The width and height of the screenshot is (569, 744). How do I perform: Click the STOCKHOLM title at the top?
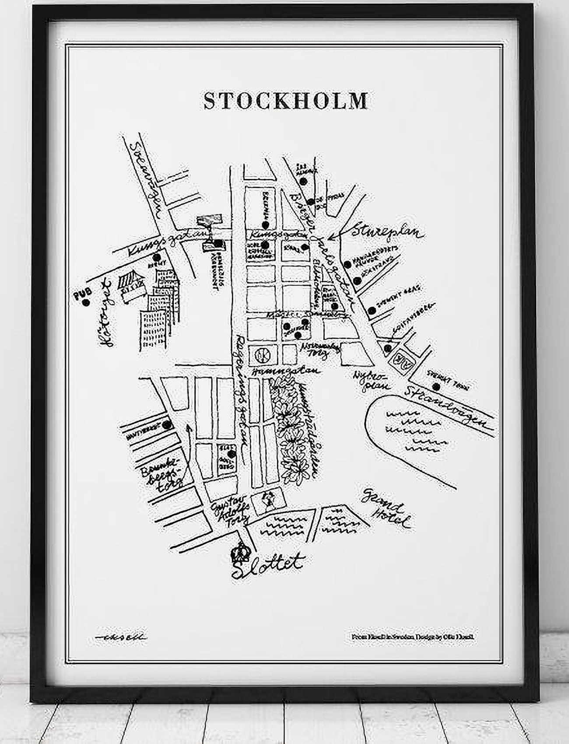[x=285, y=100]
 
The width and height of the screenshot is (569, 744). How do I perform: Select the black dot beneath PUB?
[x=86, y=302]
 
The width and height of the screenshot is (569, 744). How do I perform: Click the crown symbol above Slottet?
[x=239, y=553]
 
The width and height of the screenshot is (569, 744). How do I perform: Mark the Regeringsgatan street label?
[x=240, y=398]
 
